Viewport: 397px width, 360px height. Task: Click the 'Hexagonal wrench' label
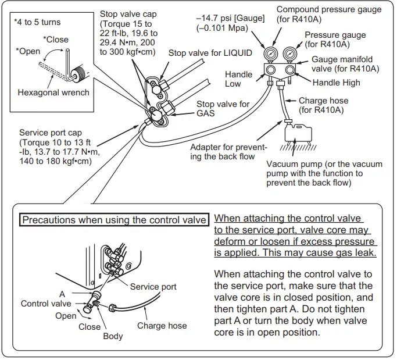[x=53, y=92]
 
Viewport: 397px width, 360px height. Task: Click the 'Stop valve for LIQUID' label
[x=210, y=53]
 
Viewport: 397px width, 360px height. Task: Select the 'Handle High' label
[x=336, y=83]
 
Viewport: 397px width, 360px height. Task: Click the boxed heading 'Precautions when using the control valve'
[x=114, y=220]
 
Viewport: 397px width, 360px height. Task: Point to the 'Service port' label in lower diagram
[x=153, y=286]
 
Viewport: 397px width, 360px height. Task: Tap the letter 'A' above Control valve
[x=62, y=294]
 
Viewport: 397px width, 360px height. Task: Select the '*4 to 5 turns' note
[x=37, y=22]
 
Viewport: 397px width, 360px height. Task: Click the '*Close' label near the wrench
[x=56, y=40]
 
